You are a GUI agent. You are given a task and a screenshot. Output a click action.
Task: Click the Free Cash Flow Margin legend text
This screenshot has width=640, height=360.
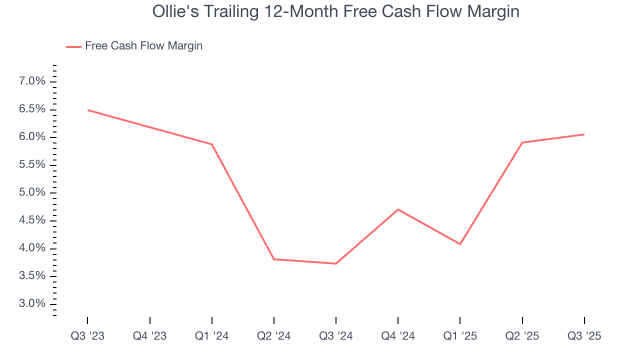click(x=143, y=46)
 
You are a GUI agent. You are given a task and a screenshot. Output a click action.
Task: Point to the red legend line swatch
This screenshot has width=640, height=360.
click(x=73, y=47)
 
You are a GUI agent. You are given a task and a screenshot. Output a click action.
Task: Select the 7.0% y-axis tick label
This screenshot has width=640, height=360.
click(x=32, y=81)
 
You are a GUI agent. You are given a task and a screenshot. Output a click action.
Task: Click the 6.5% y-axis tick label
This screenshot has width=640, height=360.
click(x=32, y=109)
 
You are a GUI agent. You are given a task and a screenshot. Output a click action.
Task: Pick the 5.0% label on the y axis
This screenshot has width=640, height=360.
click(x=32, y=193)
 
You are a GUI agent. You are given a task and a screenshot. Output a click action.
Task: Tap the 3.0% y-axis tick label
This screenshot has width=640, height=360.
click(x=32, y=304)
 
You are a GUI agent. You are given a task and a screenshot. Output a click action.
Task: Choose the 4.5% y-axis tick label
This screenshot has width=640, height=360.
click(x=32, y=220)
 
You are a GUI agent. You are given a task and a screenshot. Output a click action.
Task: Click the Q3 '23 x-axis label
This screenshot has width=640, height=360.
click(x=87, y=336)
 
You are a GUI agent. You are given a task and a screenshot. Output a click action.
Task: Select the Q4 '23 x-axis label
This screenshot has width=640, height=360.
click(x=149, y=336)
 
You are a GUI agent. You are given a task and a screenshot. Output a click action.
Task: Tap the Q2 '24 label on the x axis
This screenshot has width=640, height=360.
click(x=274, y=336)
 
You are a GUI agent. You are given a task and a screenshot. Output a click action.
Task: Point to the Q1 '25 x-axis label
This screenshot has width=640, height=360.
click(x=460, y=336)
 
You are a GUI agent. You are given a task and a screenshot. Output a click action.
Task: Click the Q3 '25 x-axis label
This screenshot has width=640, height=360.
click(x=584, y=336)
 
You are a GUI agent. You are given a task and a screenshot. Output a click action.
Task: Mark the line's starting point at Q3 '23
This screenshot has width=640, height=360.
click(x=88, y=110)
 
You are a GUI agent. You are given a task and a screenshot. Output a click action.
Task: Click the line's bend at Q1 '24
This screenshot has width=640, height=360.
click(x=212, y=144)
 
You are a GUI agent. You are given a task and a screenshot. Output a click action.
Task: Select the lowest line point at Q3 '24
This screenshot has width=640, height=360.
click(x=336, y=263)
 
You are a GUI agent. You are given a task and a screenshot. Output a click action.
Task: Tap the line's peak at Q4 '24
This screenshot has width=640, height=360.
click(x=398, y=209)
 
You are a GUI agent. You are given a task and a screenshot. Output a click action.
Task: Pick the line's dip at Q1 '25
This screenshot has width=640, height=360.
click(x=460, y=244)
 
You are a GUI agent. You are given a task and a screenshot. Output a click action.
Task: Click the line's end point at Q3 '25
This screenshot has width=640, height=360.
click(x=584, y=134)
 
